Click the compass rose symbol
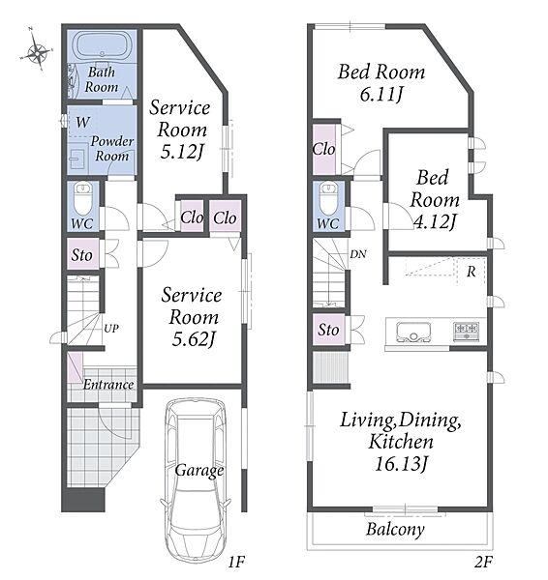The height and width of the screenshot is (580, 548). (37, 52)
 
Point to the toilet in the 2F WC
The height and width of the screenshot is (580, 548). (328, 198)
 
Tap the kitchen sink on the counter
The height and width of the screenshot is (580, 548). (413, 331)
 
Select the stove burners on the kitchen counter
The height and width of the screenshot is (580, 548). (466, 330)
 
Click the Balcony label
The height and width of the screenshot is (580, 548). (395, 530)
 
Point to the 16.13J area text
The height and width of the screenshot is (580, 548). (402, 464)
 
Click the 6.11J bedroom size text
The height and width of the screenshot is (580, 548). (381, 95)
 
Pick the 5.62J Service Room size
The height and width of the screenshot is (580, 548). (194, 339)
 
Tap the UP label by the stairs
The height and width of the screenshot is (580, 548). (111, 328)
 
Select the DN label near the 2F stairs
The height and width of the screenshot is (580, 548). (358, 254)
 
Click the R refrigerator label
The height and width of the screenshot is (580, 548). (471, 272)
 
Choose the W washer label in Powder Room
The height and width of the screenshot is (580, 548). (82, 122)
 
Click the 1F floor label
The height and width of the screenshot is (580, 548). (236, 563)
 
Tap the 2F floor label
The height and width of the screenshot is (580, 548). (483, 563)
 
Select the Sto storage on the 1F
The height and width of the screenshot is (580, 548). (81, 255)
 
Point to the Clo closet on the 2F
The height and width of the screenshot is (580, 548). (323, 150)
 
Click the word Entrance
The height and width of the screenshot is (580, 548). (108, 385)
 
